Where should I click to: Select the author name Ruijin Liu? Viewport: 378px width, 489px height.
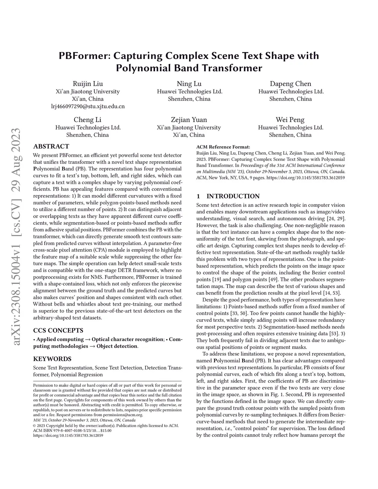pos(88,83)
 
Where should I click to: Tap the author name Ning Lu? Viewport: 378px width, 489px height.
pos(189,83)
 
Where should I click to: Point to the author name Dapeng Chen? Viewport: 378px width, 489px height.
pos(291,83)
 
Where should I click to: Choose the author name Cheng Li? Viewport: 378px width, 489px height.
pos(87,120)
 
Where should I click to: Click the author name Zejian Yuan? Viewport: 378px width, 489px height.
pos(189,120)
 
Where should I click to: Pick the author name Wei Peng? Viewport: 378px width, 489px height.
pos(290,120)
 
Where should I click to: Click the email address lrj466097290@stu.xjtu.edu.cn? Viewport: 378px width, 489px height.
pos(88,106)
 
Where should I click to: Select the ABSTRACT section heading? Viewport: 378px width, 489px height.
pos(51,146)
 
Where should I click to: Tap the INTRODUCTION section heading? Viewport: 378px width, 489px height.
pos(233,196)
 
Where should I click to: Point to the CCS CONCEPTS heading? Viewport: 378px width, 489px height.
pos(58,330)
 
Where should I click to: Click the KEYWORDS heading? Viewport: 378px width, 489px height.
pos(52,359)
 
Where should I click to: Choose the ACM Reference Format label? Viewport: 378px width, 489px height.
pos(223,147)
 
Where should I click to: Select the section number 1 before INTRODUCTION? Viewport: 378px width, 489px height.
pos(198,196)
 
